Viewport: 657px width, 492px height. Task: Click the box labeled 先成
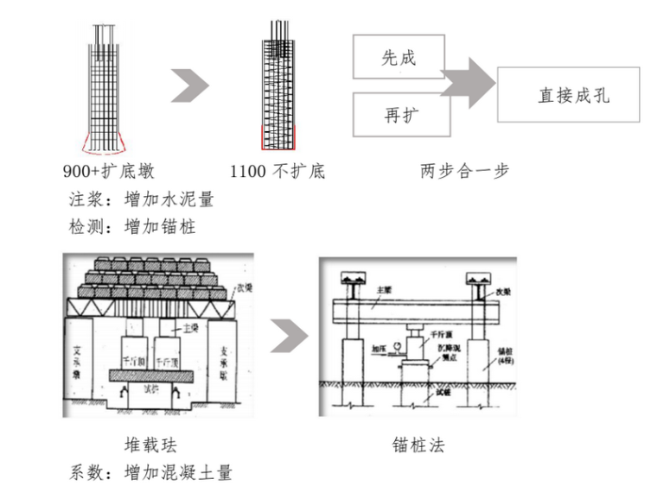coord(399,59)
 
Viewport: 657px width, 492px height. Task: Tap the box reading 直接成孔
coord(568,96)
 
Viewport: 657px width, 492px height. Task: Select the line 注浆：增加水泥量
coord(141,199)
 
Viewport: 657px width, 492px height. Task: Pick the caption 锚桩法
coord(418,445)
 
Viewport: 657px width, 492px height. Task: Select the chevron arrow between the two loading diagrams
coord(289,336)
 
